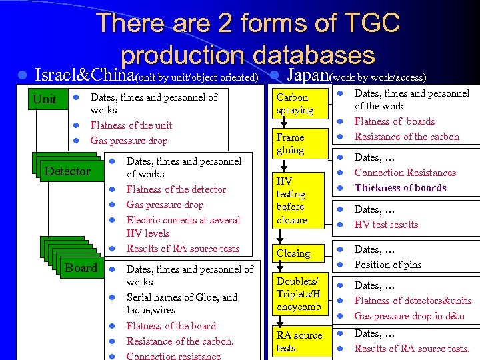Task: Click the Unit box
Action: coord(45,99)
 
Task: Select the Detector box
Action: coord(67,171)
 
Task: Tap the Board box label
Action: coord(81,268)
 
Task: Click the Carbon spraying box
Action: coord(295,104)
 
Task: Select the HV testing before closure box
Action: coord(293,200)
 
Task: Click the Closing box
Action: coord(293,253)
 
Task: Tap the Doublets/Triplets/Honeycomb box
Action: coord(299,294)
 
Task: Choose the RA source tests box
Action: coord(299,341)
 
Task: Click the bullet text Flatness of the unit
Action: coord(131,125)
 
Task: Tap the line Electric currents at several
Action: coord(183,220)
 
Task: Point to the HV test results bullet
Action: coord(386,225)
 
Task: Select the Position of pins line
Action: coord(387,265)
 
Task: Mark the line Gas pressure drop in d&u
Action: coord(409,316)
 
